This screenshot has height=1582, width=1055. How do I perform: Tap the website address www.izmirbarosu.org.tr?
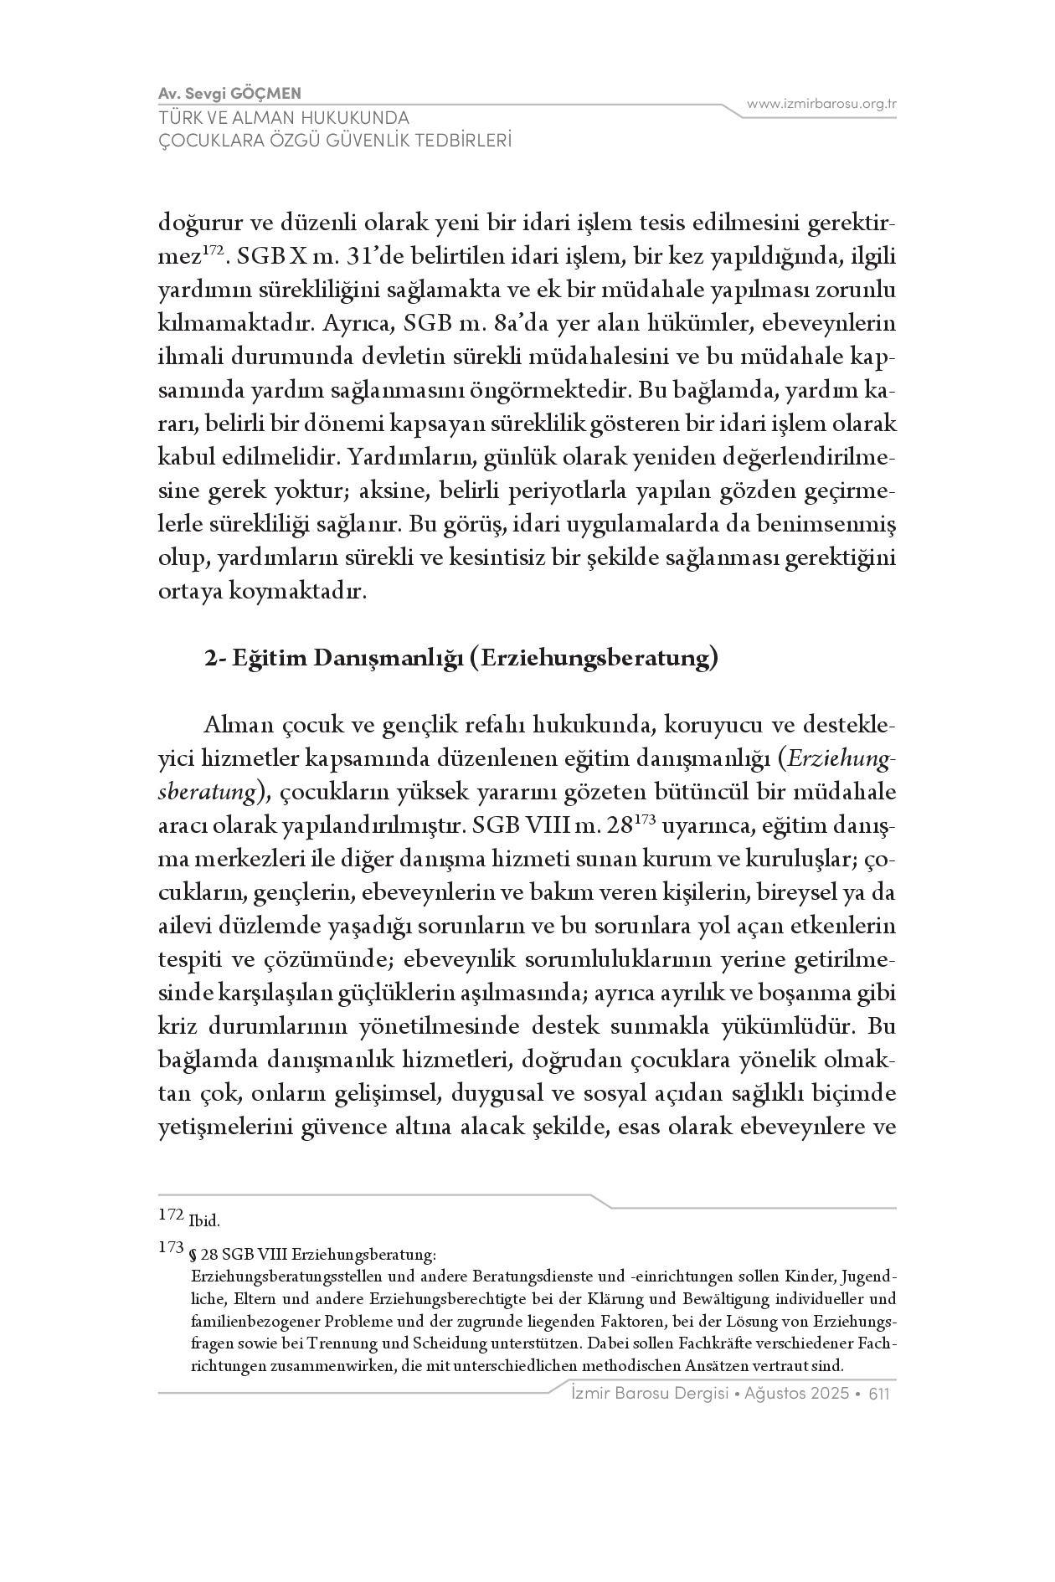click(x=821, y=104)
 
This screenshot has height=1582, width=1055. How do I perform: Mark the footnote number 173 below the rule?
click(x=170, y=1247)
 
